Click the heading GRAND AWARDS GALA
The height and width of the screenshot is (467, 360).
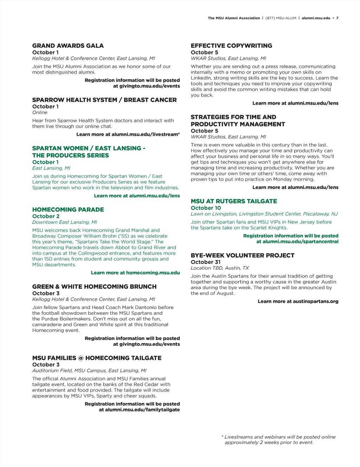pyautogui.click(x=68, y=46)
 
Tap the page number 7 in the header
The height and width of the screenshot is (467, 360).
pyautogui.click(x=337, y=18)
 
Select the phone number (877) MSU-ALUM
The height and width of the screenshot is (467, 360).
pyautogui.click(x=281, y=18)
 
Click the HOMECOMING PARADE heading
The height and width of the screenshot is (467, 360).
pyautogui.click(x=68, y=210)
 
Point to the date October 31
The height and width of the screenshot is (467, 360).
pyautogui.click(x=206, y=262)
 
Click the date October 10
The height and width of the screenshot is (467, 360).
pyautogui.click(x=206, y=208)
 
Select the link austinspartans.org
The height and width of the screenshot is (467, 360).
pyautogui.click(x=316, y=301)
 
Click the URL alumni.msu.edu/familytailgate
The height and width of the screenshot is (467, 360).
pyautogui.click(x=142, y=410)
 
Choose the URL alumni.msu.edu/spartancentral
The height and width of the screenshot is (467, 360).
pyautogui.click(x=301, y=242)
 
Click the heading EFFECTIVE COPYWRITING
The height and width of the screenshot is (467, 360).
pyautogui.click(x=231, y=46)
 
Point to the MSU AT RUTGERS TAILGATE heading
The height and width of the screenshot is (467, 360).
pyautogui.click(x=234, y=201)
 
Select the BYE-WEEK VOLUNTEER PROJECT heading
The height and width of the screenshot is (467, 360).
pyautogui.click(x=243, y=255)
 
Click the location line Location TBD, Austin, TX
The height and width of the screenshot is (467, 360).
pyautogui.click(x=220, y=268)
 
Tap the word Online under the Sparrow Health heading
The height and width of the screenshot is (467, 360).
pyautogui.click(x=40, y=113)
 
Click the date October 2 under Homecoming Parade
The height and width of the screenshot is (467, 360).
pyautogui.click(x=46, y=216)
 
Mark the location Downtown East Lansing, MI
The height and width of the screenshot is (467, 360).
pyautogui.click(x=65, y=222)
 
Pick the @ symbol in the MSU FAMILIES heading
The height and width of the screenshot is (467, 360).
pyautogui.click(x=81, y=358)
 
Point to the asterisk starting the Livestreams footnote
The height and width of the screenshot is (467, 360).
pyautogui.click(x=223, y=437)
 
